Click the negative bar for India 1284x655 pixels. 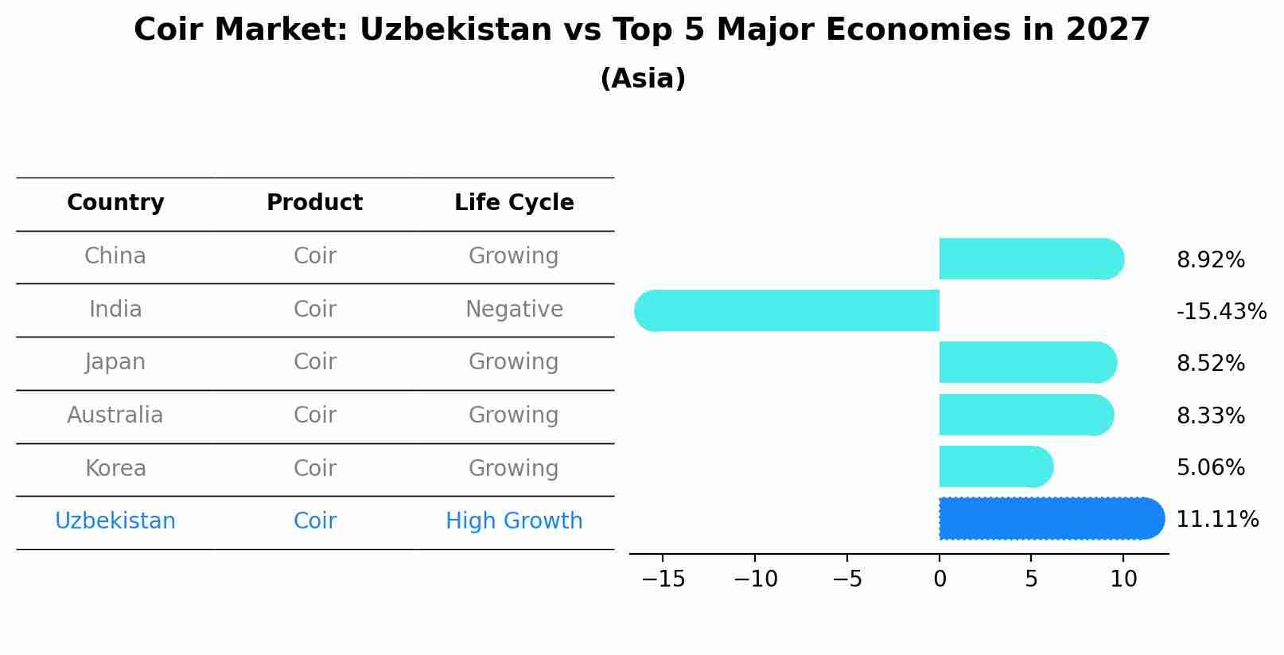[x=788, y=310]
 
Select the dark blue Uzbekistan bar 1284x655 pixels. [x=1050, y=518]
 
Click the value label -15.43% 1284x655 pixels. [x=1221, y=311]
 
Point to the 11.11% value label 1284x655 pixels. [x=1217, y=520]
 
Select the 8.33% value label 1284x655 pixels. [x=1210, y=415]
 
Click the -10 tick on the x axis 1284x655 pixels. [x=755, y=579]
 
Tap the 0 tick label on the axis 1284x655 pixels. [x=940, y=579]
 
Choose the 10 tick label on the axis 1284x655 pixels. [x=1123, y=579]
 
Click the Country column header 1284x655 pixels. [x=115, y=203]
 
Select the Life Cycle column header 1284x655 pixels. [x=514, y=203]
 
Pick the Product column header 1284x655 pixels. [x=314, y=203]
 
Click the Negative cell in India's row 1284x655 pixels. [x=514, y=309]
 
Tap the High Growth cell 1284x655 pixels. [x=514, y=521]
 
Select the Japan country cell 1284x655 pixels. [x=115, y=362]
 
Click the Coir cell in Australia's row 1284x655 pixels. [x=314, y=415]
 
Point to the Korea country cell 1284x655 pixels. [x=115, y=468]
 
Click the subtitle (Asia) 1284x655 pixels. [x=642, y=79]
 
